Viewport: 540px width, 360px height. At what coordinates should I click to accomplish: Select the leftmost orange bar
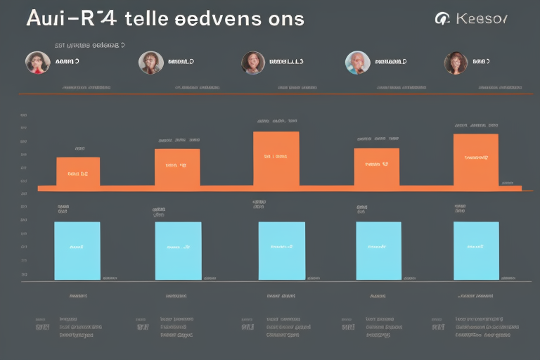pyautogui.click(x=77, y=172)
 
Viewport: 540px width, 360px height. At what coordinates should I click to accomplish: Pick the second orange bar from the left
pyautogui.click(x=176, y=168)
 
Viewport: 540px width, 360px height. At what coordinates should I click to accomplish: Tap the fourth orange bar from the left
pyautogui.click(x=376, y=167)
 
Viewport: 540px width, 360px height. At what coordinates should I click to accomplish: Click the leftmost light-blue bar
pyautogui.click(x=77, y=250)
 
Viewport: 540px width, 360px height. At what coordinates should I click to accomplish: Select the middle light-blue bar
pyautogui.click(x=281, y=250)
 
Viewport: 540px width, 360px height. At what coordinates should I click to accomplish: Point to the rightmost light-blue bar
pyautogui.click(x=476, y=250)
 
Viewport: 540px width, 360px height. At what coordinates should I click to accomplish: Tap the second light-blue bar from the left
pyautogui.click(x=178, y=250)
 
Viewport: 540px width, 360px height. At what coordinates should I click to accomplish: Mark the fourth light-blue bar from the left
pyautogui.click(x=379, y=250)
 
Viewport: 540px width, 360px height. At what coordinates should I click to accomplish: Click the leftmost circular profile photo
pyautogui.click(x=37, y=63)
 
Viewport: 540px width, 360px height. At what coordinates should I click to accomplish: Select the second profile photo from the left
pyautogui.click(x=150, y=63)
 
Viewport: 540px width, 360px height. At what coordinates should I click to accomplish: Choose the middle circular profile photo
pyautogui.click(x=253, y=63)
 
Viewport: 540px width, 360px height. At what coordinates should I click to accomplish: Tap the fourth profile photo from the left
pyautogui.click(x=357, y=63)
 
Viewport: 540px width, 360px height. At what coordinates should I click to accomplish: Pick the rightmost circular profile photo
pyautogui.click(x=456, y=63)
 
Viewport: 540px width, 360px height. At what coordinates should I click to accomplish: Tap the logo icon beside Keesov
pyautogui.click(x=443, y=18)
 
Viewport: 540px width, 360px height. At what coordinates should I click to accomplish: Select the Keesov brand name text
pyautogui.click(x=480, y=18)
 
